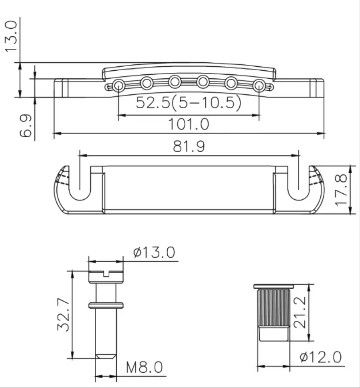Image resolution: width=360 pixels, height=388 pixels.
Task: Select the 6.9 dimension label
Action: (25, 127)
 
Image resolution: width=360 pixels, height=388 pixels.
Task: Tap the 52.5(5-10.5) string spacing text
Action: (188, 103)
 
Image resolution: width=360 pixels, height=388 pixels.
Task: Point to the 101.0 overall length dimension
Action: (188, 124)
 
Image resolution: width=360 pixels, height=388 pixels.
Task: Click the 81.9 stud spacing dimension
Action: (188, 146)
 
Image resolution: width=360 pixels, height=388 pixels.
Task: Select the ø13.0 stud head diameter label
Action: (154, 253)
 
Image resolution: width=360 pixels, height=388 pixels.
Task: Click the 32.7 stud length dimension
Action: (62, 316)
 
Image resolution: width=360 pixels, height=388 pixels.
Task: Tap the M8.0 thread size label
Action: (144, 368)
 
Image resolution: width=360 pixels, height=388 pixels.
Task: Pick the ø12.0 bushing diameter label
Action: (321, 357)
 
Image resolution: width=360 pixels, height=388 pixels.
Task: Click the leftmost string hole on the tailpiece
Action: (119, 85)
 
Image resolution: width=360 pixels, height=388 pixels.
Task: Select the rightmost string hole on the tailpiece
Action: (259, 85)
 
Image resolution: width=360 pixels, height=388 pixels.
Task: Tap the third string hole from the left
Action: (175, 81)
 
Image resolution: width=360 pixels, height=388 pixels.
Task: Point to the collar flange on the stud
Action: (106, 306)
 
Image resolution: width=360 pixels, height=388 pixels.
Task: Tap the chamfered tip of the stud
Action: (106, 357)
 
